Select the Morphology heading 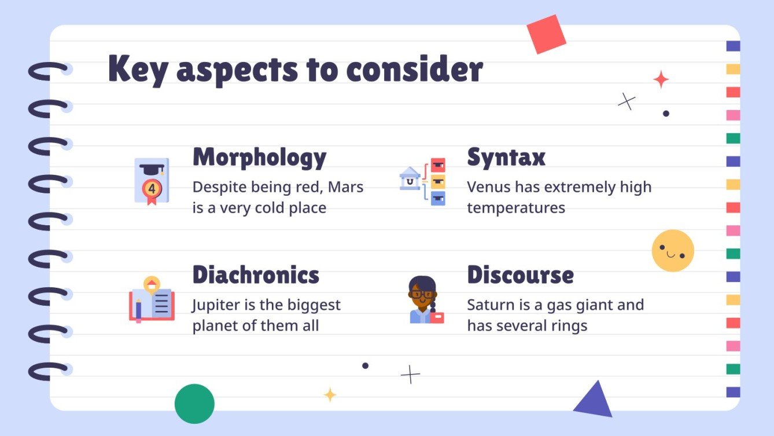(259, 157)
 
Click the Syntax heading (506, 157)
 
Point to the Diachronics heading (255, 274)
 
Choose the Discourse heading (520, 275)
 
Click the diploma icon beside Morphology (152, 181)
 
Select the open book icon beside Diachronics (152, 299)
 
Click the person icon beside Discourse (425, 299)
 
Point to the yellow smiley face (673, 251)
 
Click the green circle (194, 404)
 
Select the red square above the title (546, 34)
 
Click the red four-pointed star (661, 79)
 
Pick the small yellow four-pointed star (330, 395)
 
